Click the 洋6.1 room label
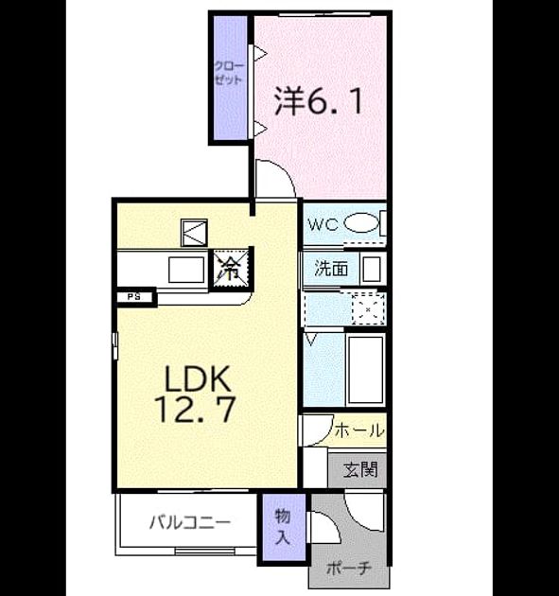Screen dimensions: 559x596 coord(318,101)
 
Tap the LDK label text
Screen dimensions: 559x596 coord(198,378)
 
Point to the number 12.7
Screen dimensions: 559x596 coord(196,410)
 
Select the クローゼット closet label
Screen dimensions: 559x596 coord(229,74)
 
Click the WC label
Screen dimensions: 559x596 coord(323,224)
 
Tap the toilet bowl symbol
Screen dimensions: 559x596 coord(361,223)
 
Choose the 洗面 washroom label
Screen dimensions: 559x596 coord(331,269)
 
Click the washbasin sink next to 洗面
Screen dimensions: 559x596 coord(372,269)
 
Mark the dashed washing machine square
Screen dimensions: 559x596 coord(368,308)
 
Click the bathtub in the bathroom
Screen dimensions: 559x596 coord(366,370)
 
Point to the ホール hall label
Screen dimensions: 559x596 coord(359,431)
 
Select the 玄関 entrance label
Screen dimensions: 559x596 coord(360,470)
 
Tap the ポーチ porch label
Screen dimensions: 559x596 coord(348,569)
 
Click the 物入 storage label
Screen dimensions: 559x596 coord(283,527)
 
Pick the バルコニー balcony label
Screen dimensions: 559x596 coord(190,522)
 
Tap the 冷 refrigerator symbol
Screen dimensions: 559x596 coord(231,269)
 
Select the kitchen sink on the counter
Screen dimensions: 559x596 coord(186,270)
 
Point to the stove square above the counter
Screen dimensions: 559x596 coord(194,233)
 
